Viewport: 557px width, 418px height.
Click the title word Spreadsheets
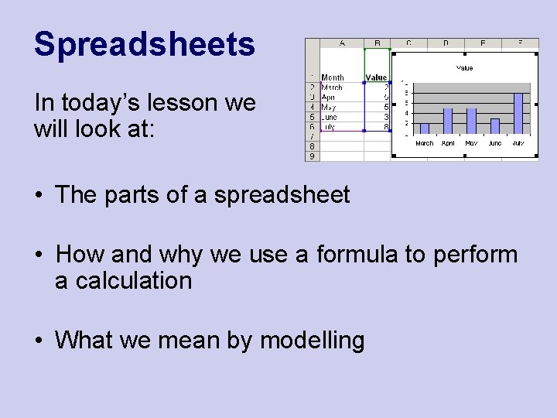click(x=144, y=45)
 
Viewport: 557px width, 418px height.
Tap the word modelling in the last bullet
click(x=312, y=340)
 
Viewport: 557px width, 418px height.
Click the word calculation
click(x=123, y=281)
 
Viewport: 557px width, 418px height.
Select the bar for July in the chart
click(x=518, y=113)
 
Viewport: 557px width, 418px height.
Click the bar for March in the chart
click(x=424, y=128)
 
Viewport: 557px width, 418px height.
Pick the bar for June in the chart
click(x=495, y=125)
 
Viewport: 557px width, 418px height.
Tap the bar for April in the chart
click(x=448, y=121)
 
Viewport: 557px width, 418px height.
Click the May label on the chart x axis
click(x=471, y=143)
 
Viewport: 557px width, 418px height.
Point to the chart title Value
click(x=464, y=68)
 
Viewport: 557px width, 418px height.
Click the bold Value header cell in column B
click(x=377, y=77)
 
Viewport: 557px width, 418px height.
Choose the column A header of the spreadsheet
click(x=341, y=43)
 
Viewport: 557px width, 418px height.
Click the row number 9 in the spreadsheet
click(x=312, y=156)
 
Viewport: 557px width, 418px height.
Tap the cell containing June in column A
click(x=330, y=117)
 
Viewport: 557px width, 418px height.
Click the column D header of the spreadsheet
click(x=446, y=43)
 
